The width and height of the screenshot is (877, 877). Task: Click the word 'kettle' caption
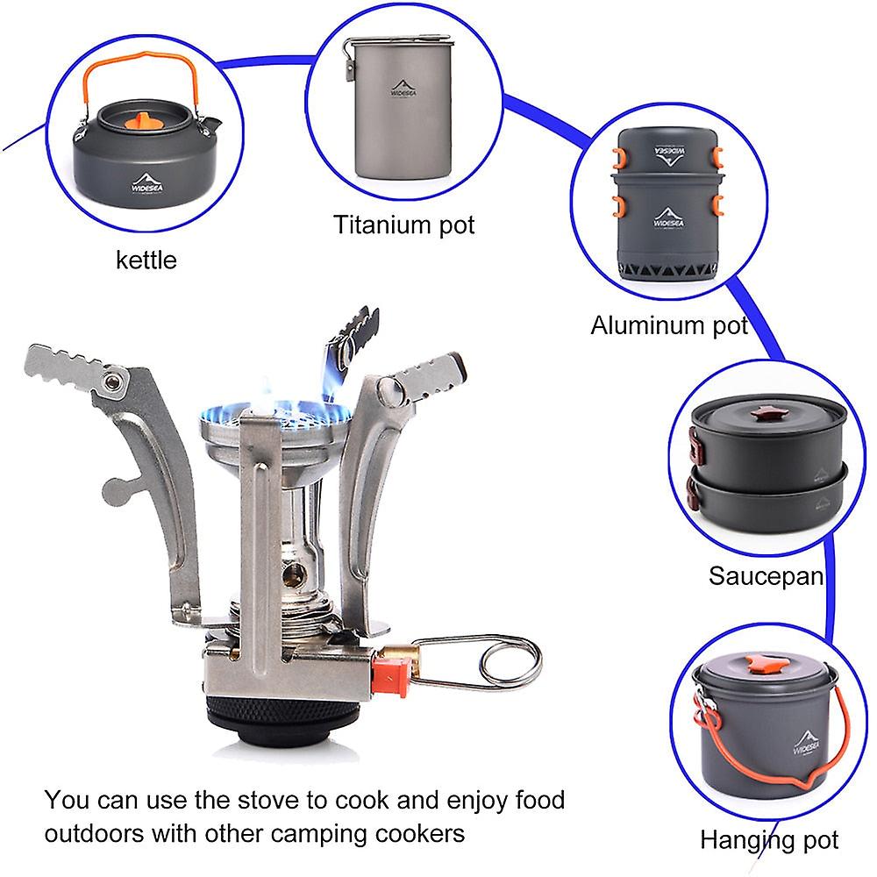(146, 260)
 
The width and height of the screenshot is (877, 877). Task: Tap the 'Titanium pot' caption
(403, 225)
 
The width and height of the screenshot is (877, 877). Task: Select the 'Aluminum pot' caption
(668, 325)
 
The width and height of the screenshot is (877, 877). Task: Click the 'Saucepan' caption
(766, 576)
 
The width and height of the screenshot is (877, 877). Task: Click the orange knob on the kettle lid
(143, 119)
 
